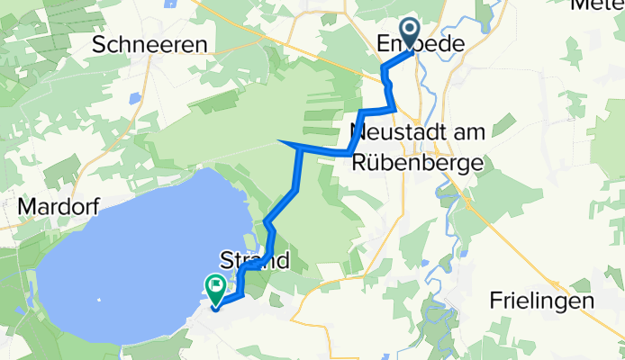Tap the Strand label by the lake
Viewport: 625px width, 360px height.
256,262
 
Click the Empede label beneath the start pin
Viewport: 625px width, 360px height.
420,43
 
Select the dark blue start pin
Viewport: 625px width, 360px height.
411,33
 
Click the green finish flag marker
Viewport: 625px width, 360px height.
217,288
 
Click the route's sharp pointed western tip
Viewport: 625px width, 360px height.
281,142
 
